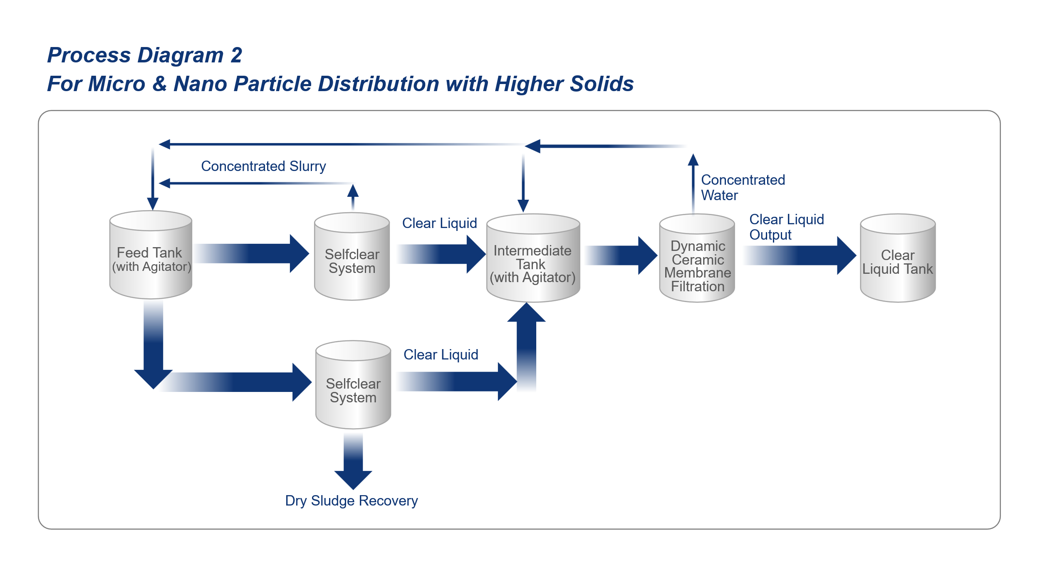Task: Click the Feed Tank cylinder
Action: coord(151,255)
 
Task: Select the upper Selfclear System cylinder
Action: coord(352,256)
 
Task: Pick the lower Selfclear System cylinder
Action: coord(353,385)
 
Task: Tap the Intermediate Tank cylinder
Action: coord(533,258)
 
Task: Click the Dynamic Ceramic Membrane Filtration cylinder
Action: coord(697,258)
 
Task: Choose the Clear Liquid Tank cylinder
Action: coord(898,258)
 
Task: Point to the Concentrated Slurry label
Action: coord(263,166)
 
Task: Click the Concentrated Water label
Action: coord(743,188)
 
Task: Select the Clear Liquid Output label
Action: coord(786,227)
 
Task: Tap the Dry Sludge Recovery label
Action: coord(352,501)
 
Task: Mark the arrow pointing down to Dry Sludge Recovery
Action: coord(353,461)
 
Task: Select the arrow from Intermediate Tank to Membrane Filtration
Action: coord(621,255)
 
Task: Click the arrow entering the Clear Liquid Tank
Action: coord(800,255)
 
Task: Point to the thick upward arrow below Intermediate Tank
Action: coord(526,347)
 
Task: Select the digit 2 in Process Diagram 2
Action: coord(236,55)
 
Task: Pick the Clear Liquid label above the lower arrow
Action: coord(441,355)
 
